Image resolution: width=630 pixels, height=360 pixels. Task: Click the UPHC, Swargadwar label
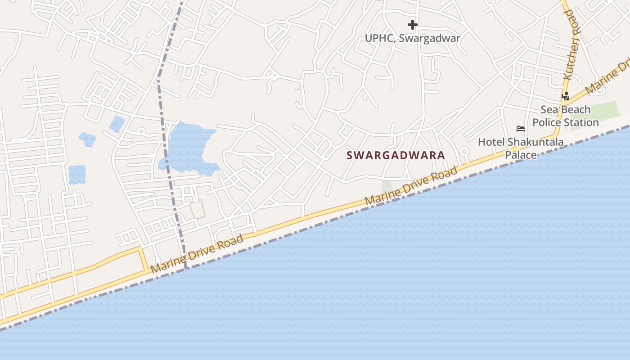[412, 38]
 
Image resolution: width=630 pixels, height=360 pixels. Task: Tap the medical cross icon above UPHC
[413, 25]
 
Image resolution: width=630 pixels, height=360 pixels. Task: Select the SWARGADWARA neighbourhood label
[396, 156]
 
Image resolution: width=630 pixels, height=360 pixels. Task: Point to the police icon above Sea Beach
[565, 95]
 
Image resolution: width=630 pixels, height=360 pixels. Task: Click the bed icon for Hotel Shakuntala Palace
[521, 129]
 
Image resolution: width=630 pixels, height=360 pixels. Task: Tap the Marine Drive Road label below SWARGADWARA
[411, 185]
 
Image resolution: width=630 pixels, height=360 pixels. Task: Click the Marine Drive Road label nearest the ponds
[197, 254]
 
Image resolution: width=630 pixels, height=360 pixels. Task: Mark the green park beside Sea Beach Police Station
[598, 112]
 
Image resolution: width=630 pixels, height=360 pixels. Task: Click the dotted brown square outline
[197, 210]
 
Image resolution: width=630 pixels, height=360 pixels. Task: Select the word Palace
[521, 155]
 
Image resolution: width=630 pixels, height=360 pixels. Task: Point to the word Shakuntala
[535, 142]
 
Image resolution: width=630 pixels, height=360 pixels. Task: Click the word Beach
[574, 110]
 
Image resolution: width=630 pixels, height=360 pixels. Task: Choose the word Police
[547, 122]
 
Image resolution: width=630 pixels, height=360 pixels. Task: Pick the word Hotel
[491, 142]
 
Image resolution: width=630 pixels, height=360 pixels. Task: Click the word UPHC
[379, 38]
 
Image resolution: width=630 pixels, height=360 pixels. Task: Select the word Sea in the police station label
[549, 110]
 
